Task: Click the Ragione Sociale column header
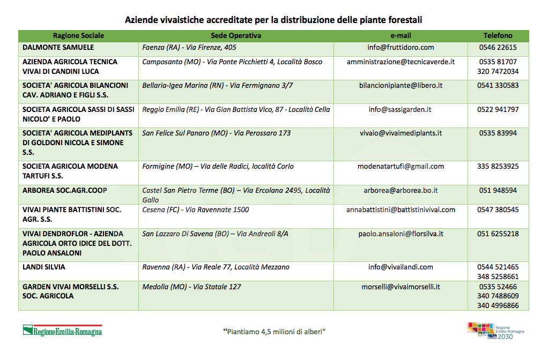tap(78, 36)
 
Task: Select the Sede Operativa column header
tap(236, 36)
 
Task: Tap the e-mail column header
tap(400, 36)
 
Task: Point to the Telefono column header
tap(498, 36)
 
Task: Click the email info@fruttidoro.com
tap(400, 48)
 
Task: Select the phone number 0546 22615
tap(498, 48)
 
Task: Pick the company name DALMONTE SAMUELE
tap(58, 48)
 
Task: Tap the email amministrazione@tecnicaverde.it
tap(400, 62)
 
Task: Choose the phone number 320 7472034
tap(498, 72)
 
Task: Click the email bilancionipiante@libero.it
tap(400, 86)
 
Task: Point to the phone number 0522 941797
tap(498, 110)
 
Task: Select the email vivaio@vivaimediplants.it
tap(400, 133)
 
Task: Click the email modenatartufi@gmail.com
tap(400, 167)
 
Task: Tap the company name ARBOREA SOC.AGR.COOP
tap(65, 191)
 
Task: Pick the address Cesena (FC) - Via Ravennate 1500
tap(196, 210)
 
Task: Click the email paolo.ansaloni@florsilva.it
tap(400, 234)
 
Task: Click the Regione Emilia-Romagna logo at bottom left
tap(62, 331)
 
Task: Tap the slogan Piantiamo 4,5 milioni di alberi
tap(275, 332)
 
